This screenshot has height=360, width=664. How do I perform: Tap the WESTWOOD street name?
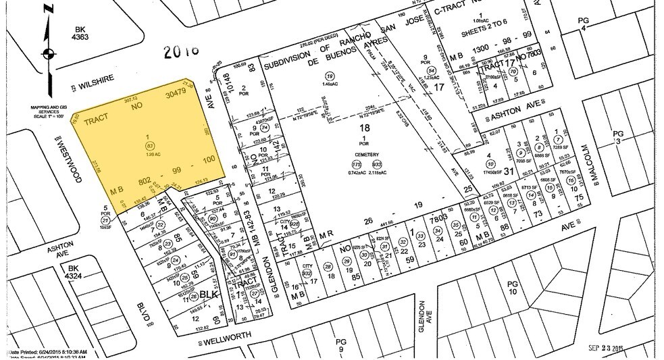pos(72,161)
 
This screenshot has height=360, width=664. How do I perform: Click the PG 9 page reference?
pos(340,346)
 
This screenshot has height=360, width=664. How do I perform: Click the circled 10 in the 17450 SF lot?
pos(490,163)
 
